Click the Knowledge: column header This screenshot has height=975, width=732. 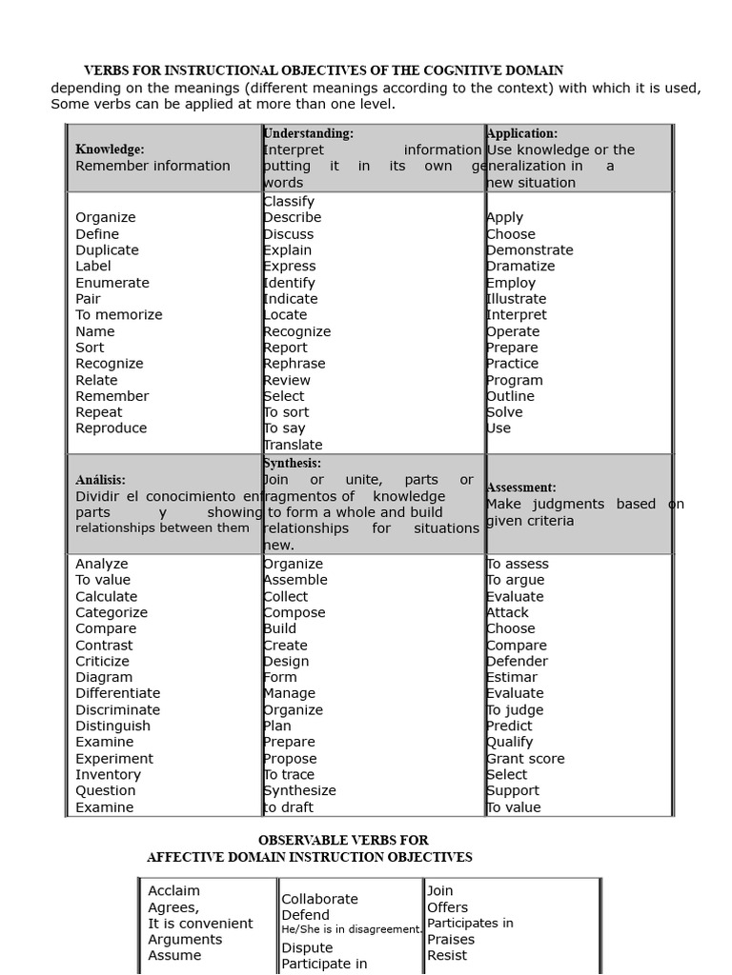(110, 149)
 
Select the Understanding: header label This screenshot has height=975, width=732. (308, 134)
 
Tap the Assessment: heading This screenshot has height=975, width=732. (521, 487)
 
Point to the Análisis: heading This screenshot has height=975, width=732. (100, 481)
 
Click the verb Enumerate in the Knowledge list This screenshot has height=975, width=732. (112, 283)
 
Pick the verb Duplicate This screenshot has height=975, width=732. (107, 250)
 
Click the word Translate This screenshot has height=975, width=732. (294, 445)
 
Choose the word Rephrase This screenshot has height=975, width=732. (295, 364)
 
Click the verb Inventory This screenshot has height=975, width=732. (108, 775)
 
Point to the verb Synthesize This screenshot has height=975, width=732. (300, 791)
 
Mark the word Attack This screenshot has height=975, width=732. (507, 613)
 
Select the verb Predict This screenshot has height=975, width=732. (510, 726)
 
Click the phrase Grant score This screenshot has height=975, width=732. (525, 759)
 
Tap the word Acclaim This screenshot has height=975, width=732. (174, 891)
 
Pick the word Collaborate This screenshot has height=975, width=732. (319, 899)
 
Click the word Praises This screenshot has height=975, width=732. (451, 940)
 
